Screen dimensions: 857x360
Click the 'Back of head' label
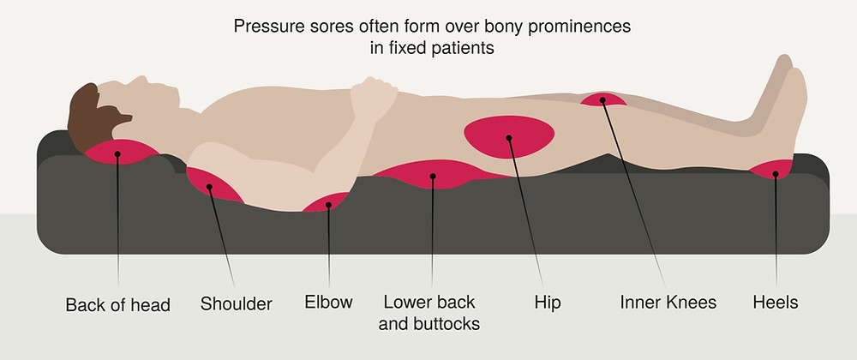tap(117, 304)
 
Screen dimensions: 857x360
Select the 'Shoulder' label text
tap(237, 303)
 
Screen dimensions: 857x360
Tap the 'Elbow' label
tap(328, 302)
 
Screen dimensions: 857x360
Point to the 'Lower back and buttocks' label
tap(429, 313)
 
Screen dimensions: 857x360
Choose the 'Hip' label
tap(548, 303)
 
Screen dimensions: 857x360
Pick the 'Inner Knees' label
tap(668, 302)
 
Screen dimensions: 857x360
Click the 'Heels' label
tap(776, 302)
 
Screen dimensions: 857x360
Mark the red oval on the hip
tap(509, 136)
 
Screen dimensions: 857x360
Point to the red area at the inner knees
tap(602, 100)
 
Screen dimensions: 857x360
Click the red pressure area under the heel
tap(773, 171)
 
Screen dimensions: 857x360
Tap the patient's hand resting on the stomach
tap(374, 99)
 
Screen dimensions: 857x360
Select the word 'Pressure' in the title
tap(267, 27)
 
